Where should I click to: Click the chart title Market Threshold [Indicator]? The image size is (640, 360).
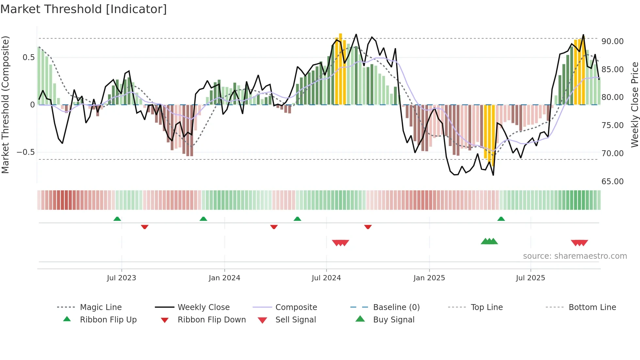[84, 9]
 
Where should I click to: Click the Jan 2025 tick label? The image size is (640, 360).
[429, 278]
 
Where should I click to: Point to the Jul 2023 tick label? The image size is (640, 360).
[121, 278]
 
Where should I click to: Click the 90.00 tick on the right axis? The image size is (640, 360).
[612, 41]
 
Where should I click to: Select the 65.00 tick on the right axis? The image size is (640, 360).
[612, 181]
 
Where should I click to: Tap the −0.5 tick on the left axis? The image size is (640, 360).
[25, 152]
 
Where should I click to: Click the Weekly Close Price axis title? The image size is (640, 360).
[634, 105]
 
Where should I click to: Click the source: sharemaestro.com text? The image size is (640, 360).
[575, 256]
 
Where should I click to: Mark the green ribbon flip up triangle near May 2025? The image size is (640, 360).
[501, 219]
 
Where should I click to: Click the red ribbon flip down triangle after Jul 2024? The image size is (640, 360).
[368, 227]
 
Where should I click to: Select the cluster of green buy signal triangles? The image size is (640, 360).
[489, 241]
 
